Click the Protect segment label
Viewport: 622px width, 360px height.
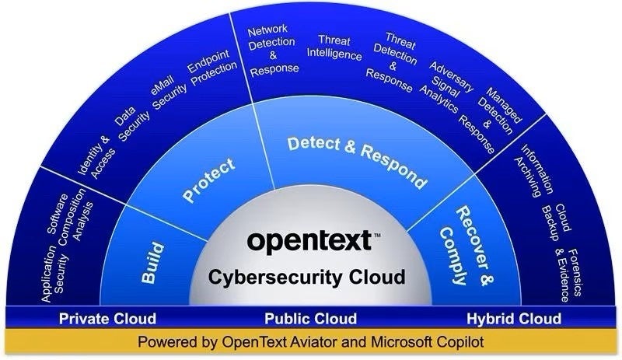[x=208, y=180]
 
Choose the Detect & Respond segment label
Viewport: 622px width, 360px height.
[x=357, y=161]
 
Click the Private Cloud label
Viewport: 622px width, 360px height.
[x=108, y=319]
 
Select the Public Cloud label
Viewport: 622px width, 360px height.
[x=310, y=319]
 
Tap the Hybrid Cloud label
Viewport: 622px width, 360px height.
[x=514, y=319]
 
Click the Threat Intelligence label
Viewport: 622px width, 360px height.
[x=334, y=48]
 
